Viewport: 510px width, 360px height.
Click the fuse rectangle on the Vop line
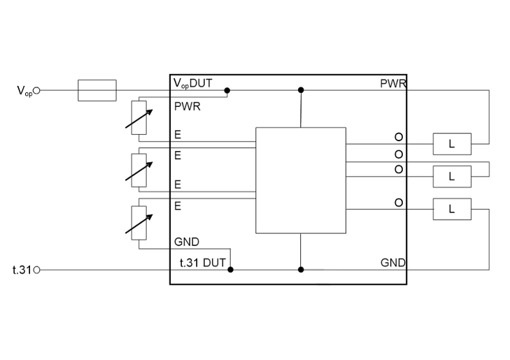[x=97, y=90]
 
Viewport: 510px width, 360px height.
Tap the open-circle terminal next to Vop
[x=37, y=90]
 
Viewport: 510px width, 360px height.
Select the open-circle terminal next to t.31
[x=37, y=270]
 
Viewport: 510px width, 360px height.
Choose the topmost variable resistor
[x=140, y=116]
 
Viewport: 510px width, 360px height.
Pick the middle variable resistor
[x=140, y=167]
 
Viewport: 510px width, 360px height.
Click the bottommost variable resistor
[x=140, y=222]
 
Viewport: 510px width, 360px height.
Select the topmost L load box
[x=451, y=144]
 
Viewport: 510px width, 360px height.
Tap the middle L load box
[x=451, y=176]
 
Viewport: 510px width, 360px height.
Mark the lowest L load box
[x=451, y=208]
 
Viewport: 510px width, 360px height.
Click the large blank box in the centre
[x=301, y=180]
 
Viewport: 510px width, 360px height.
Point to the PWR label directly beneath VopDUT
[x=187, y=108]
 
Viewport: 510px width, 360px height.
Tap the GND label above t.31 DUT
[x=187, y=242]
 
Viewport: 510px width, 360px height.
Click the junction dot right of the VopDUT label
[x=227, y=90]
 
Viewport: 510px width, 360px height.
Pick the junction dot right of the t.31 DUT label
[x=230, y=269]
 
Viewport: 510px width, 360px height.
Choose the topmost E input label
[x=178, y=135]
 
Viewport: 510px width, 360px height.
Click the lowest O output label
[x=399, y=203]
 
